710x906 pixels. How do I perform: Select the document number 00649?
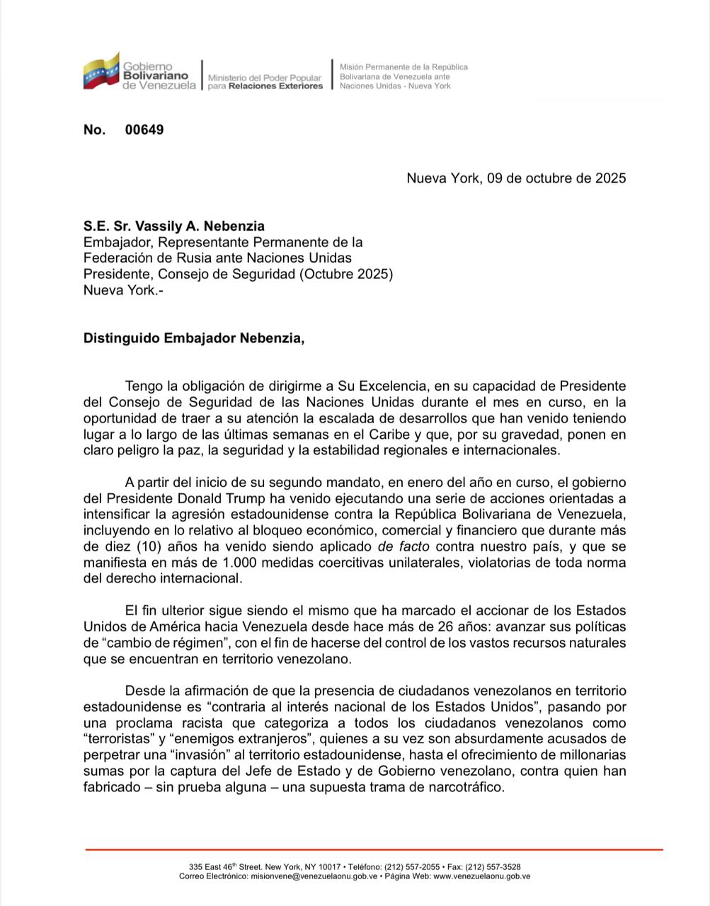point(144,130)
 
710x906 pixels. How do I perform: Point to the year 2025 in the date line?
point(610,178)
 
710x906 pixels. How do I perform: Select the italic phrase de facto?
point(405,546)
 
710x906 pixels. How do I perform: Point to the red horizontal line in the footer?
point(374,849)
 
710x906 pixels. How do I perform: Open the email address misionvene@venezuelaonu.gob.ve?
point(314,876)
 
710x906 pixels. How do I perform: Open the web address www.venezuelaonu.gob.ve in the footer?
point(481,876)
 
